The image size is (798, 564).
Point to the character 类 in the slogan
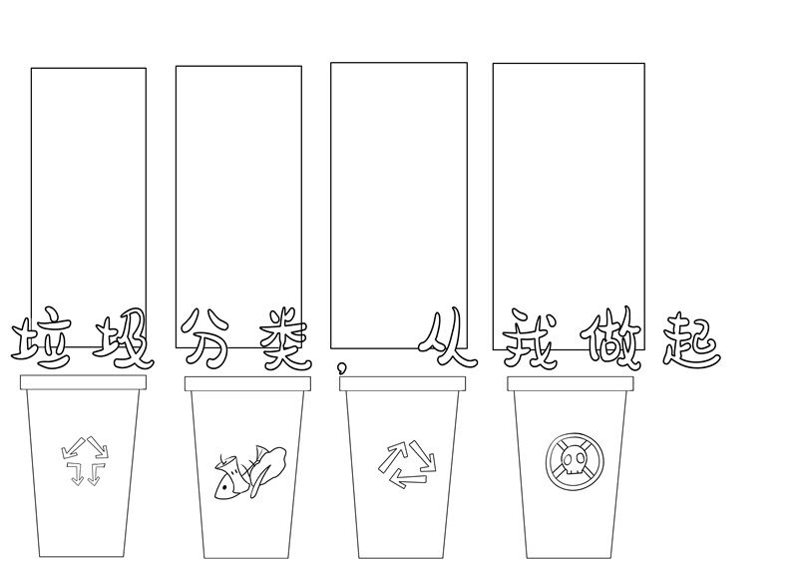coord(283,338)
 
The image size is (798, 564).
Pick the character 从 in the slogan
coord(447,337)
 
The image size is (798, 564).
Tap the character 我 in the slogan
coord(529,338)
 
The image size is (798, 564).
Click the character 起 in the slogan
coord(691,340)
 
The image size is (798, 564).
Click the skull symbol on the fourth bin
coord(575,461)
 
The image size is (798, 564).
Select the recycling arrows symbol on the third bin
coord(407,464)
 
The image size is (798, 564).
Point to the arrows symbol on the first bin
coord(85,460)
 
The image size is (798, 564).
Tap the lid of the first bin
coord(83,382)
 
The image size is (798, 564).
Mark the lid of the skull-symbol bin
coord(571,384)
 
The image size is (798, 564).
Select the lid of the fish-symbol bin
coord(247,383)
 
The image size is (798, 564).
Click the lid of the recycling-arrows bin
coord(403,383)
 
